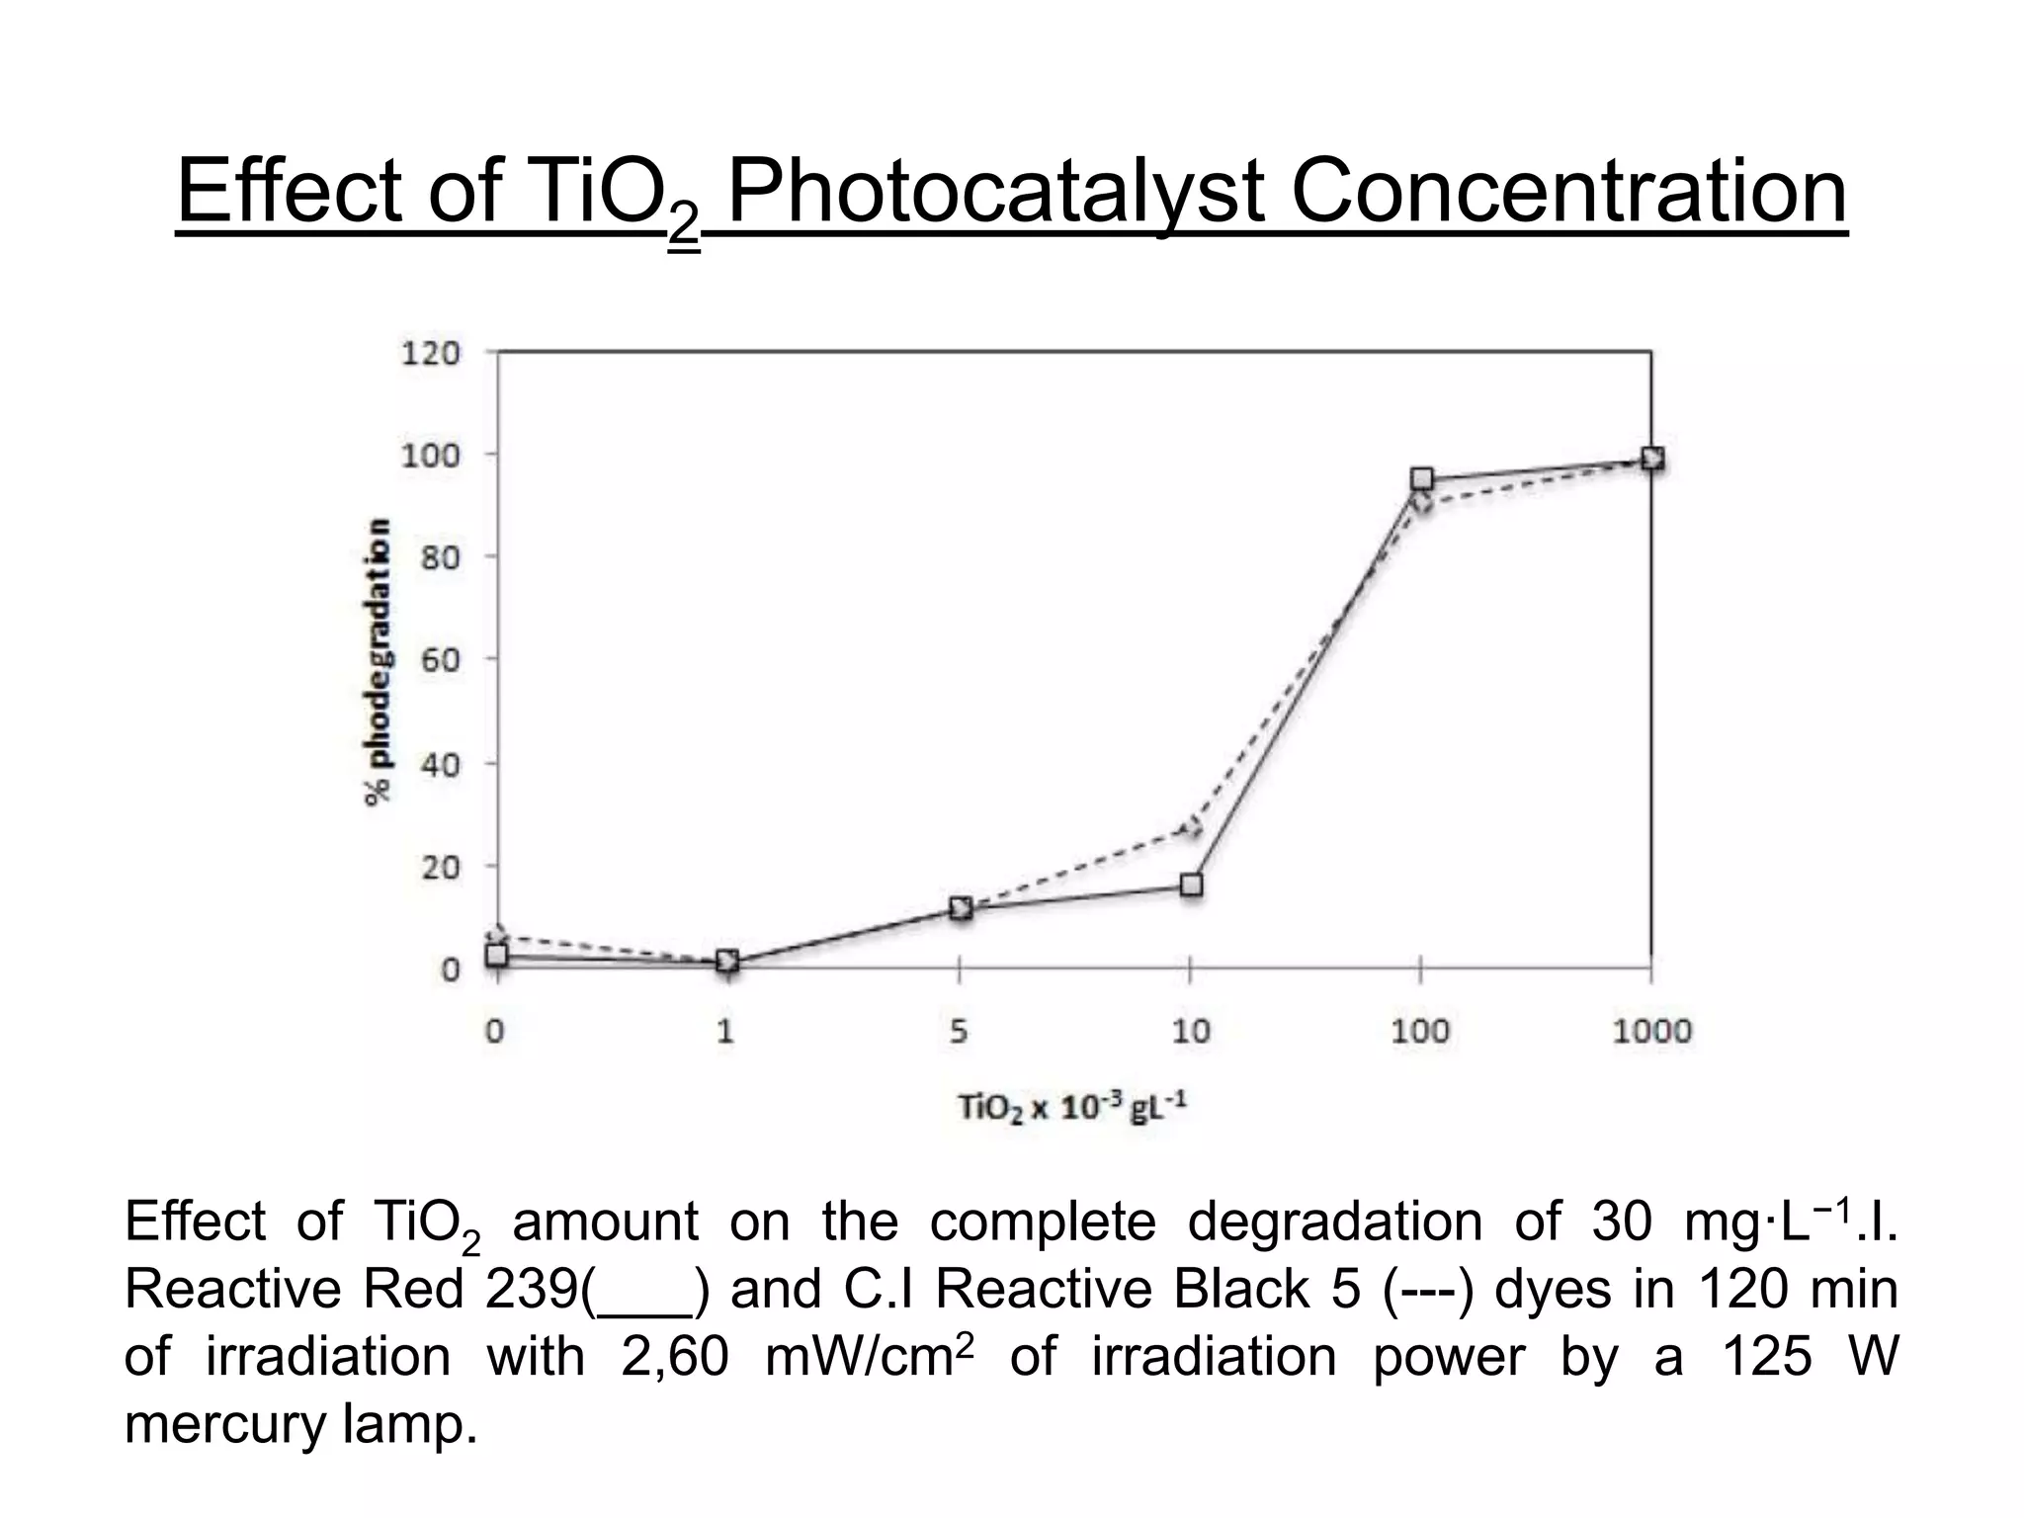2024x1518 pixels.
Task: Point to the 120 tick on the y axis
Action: [x=430, y=353]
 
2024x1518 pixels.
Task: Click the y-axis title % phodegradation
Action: [x=377, y=660]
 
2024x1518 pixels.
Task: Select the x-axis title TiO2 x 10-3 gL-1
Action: [x=1071, y=1107]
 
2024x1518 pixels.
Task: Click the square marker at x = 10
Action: [x=1191, y=885]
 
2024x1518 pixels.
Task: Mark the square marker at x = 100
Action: [x=1421, y=479]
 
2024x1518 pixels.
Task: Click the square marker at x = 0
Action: [x=496, y=955]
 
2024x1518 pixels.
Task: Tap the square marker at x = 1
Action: [x=727, y=961]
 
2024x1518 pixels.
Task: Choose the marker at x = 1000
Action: [x=1651, y=459]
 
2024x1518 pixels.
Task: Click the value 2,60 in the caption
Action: [x=674, y=1357]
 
